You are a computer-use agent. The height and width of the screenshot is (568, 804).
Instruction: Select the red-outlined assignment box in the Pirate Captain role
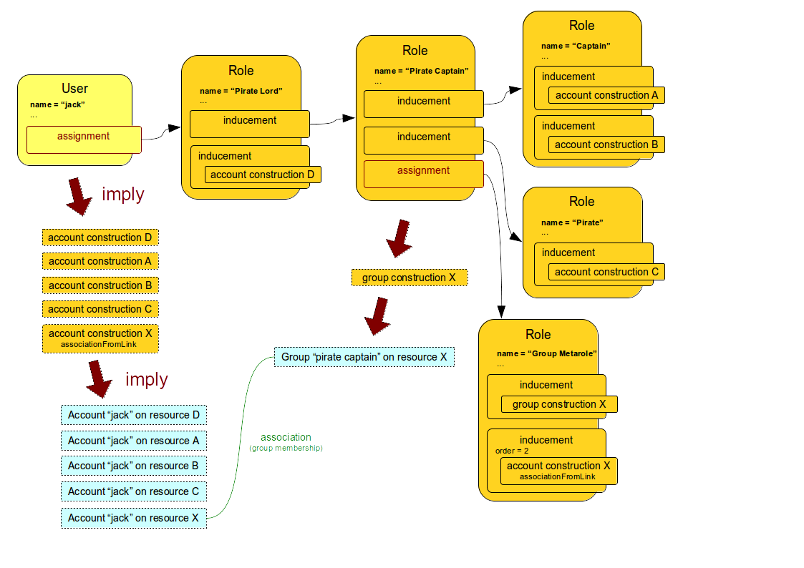[424, 174]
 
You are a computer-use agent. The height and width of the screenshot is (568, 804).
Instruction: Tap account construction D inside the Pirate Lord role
[262, 175]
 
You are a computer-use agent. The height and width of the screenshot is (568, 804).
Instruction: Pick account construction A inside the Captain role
[606, 95]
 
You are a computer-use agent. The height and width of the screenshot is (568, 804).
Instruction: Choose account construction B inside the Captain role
[606, 145]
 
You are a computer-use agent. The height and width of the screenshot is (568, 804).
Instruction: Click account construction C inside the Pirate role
[606, 272]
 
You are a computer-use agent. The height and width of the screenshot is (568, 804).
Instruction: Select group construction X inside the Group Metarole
[558, 404]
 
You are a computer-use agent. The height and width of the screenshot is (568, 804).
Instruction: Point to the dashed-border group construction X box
[409, 278]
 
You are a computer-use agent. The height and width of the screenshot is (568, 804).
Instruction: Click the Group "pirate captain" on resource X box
[364, 357]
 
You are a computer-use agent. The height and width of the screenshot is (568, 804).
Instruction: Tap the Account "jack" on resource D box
[133, 415]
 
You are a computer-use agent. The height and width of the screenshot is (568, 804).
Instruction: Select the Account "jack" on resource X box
[133, 518]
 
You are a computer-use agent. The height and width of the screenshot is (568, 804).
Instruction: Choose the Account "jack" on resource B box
[133, 466]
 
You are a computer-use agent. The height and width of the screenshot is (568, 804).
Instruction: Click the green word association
[286, 437]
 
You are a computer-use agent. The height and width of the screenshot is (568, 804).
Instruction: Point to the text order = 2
[512, 451]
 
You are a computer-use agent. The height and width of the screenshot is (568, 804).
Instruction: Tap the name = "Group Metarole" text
[546, 353]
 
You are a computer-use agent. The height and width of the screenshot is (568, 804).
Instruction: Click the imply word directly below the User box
[122, 195]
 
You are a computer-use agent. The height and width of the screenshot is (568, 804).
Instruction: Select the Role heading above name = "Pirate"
[582, 202]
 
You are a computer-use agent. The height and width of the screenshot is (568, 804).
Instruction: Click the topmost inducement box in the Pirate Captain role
[424, 104]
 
